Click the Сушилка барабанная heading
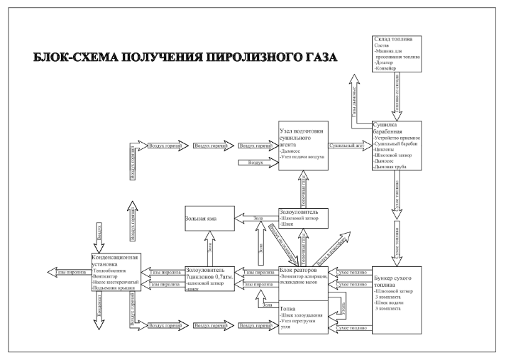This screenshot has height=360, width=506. pyautogui.click(x=388, y=129)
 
